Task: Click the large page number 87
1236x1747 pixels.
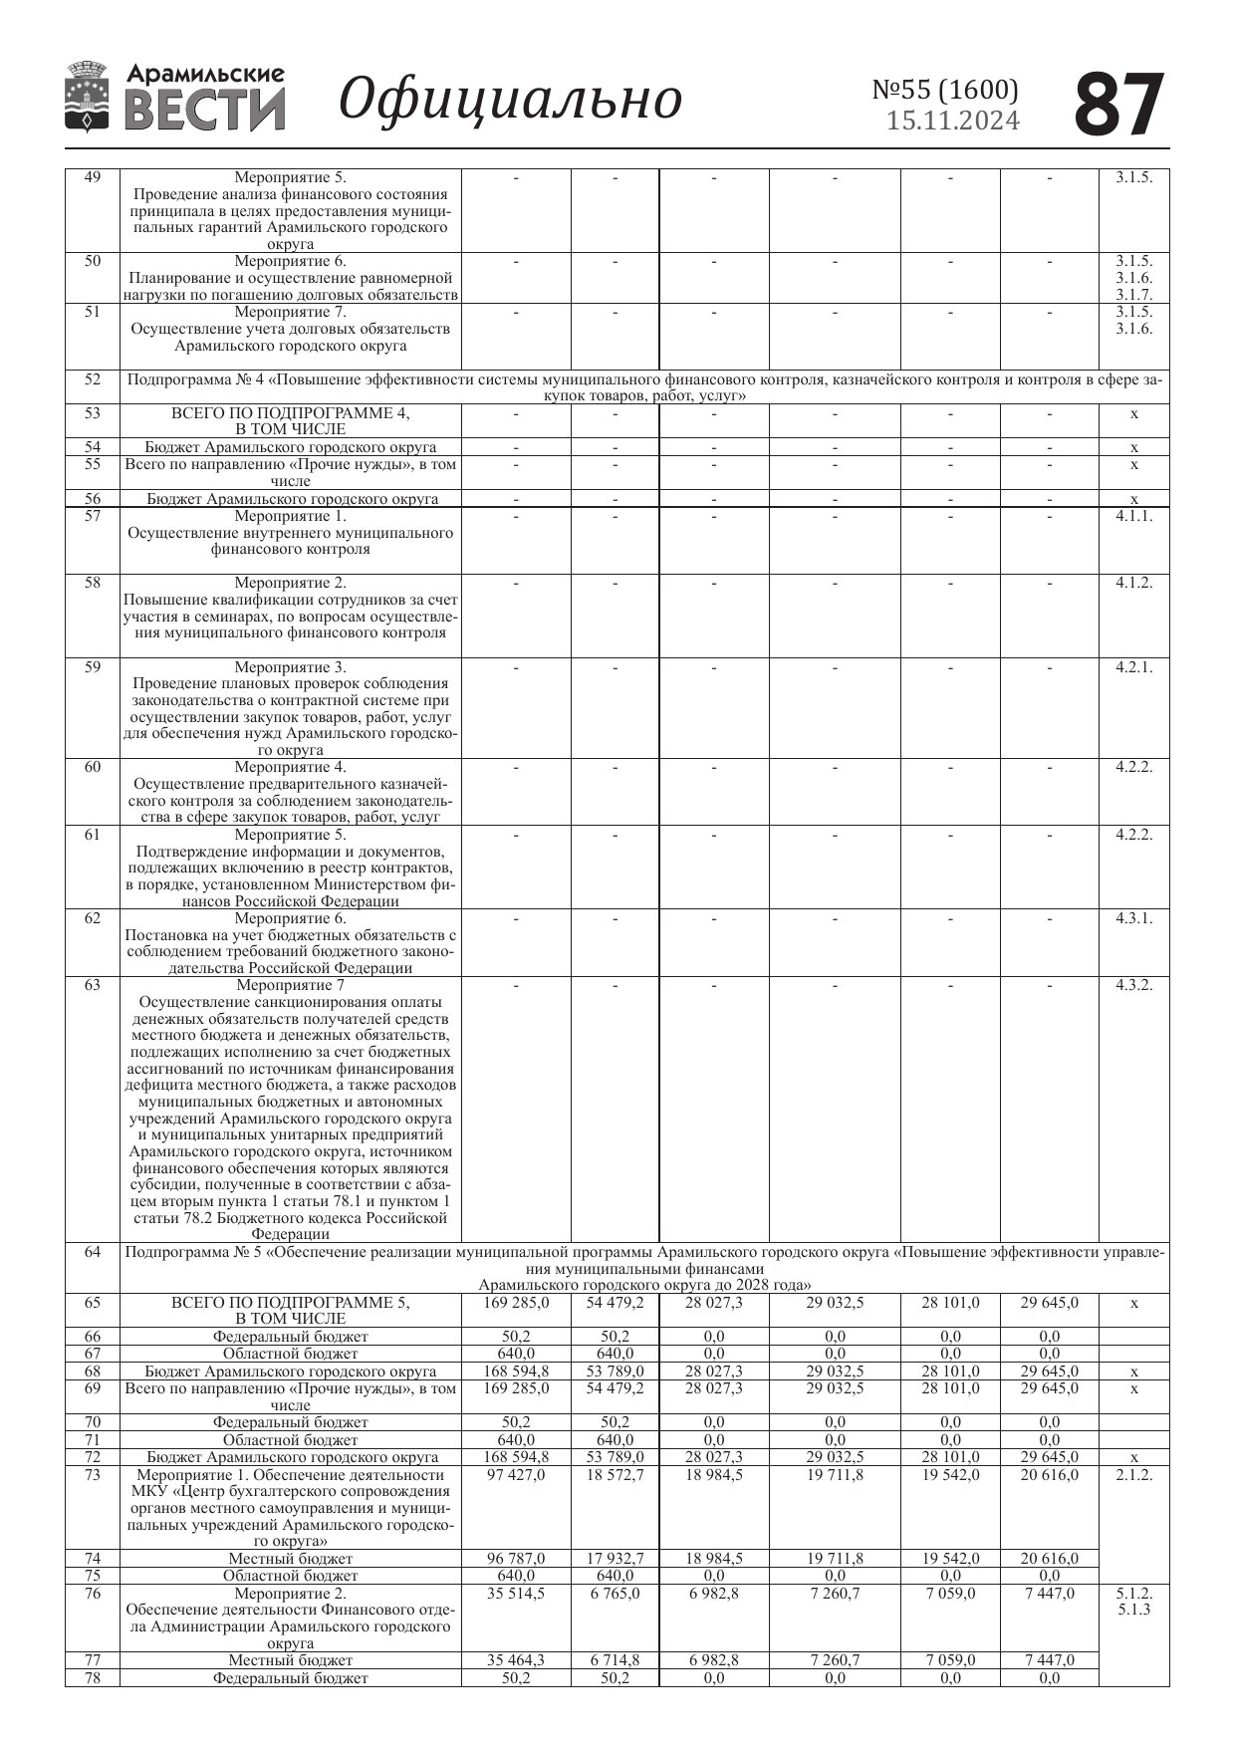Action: pyautogui.click(x=1119, y=104)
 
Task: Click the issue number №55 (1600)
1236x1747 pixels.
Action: pyautogui.click(x=945, y=90)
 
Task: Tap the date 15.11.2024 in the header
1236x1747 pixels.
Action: pyautogui.click(x=953, y=122)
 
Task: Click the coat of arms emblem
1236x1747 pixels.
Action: pyautogui.click(x=87, y=97)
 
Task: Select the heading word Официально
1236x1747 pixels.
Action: pyautogui.click(x=510, y=100)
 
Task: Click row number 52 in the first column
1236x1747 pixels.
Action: pyautogui.click(x=93, y=379)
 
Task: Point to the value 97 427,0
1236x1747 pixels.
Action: pyautogui.click(x=516, y=1475)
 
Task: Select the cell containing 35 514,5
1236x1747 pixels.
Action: pyautogui.click(x=516, y=1594)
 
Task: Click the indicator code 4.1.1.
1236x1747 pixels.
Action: pyautogui.click(x=1133, y=516)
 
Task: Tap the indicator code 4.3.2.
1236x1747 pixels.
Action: pyautogui.click(x=1133, y=985)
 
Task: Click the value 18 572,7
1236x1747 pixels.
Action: pyautogui.click(x=615, y=1475)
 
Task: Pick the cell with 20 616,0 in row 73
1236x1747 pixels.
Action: pyautogui.click(x=1049, y=1475)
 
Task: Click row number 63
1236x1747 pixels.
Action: pyautogui.click(x=93, y=985)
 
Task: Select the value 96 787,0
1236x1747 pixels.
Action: pyautogui.click(x=516, y=1559)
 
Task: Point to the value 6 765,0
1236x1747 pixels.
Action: pyautogui.click(x=615, y=1594)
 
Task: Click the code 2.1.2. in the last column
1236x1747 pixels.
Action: pyautogui.click(x=1133, y=1475)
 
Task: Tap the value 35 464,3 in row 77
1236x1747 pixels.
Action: pyautogui.click(x=516, y=1660)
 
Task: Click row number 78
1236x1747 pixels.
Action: pyautogui.click(x=93, y=1678)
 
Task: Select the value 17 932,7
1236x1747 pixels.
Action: pyautogui.click(x=615, y=1559)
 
